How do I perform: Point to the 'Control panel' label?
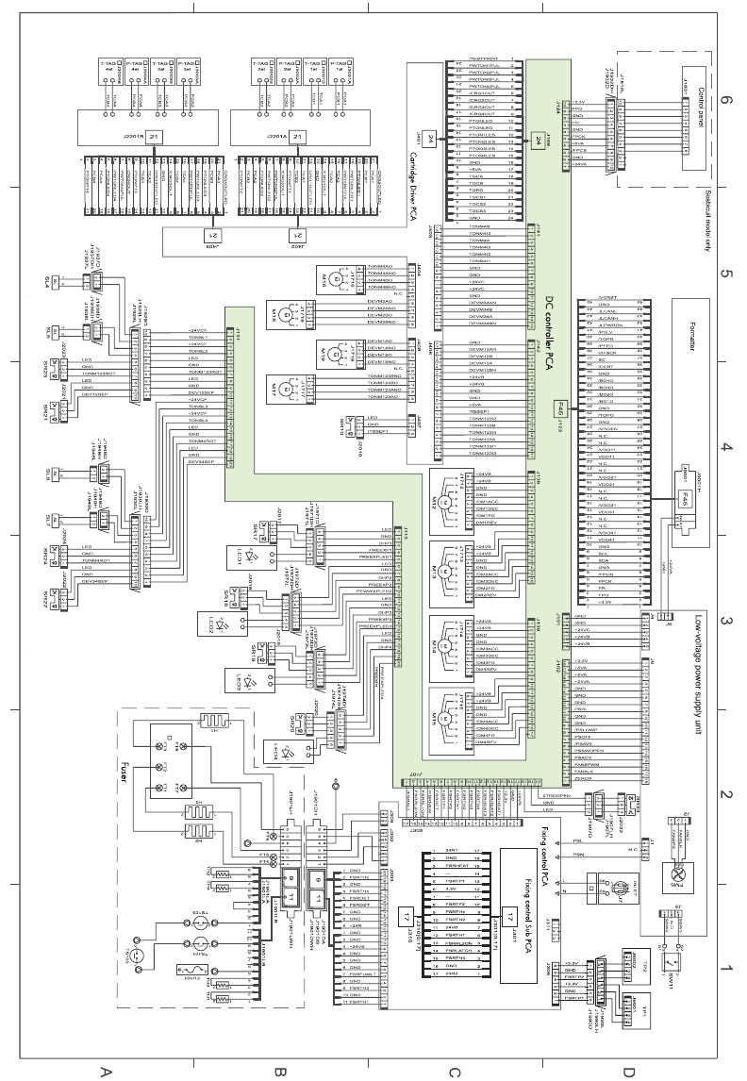tap(699, 95)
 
